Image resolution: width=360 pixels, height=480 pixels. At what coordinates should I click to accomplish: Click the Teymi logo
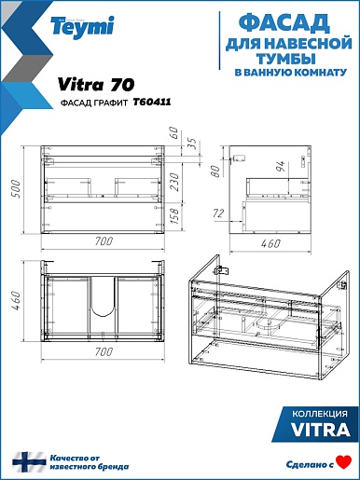(x=82, y=27)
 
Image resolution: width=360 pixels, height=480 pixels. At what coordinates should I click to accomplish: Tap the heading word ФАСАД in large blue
(x=284, y=23)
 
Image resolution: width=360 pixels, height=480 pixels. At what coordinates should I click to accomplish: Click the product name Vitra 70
(x=96, y=85)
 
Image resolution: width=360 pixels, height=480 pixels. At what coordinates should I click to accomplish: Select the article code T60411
(x=152, y=102)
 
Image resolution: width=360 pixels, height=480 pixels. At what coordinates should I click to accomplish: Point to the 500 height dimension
(x=15, y=189)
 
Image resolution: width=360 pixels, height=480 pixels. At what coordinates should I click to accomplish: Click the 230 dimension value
(x=174, y=182)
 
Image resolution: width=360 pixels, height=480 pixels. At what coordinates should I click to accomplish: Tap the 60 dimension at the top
(x=174, y=132)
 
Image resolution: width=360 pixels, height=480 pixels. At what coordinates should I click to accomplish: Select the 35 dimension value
(x=193, y=143)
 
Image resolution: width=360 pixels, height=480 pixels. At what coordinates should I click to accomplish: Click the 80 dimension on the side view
(x=215, y=171)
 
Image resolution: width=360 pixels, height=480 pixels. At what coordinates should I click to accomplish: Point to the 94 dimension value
(x=280, y=168)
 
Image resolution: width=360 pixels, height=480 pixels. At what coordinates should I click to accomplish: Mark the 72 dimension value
(x=218, y=213)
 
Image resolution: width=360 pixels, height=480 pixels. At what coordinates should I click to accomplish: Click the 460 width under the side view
(x=270, y=243)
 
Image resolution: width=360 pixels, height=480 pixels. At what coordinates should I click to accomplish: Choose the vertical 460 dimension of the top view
(x=15, y=300)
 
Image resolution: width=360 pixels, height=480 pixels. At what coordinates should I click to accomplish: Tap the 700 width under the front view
(x=104, y=240)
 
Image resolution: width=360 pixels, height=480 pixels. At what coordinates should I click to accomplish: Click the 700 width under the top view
(x=104, y=351)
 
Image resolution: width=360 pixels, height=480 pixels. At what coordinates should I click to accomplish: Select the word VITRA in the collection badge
(x=321, y=430)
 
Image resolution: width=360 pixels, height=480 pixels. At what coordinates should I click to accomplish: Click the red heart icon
(x=344, y=462)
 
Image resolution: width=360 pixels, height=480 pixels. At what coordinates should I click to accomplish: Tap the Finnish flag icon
(x=29, y=462)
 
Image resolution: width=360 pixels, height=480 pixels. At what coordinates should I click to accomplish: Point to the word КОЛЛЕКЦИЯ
(x=320, y=414)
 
